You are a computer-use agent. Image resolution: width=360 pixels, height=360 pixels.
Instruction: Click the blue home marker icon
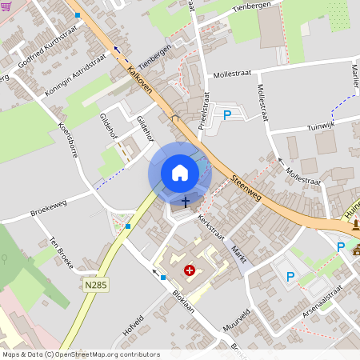coord(180,173)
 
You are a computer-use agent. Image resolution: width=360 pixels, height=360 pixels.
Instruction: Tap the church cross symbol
coord(186,202)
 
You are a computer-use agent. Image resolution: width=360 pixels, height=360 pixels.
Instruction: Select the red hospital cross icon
coord(190,271)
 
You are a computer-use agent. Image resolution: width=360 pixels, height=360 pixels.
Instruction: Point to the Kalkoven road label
coord(141,83)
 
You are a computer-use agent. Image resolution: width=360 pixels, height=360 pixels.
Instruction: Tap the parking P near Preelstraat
coord(227,115)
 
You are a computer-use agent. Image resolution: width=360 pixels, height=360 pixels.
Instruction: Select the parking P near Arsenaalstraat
coord(290,277)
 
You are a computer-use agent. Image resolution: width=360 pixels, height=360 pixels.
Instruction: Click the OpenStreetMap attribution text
coord(81,354)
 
